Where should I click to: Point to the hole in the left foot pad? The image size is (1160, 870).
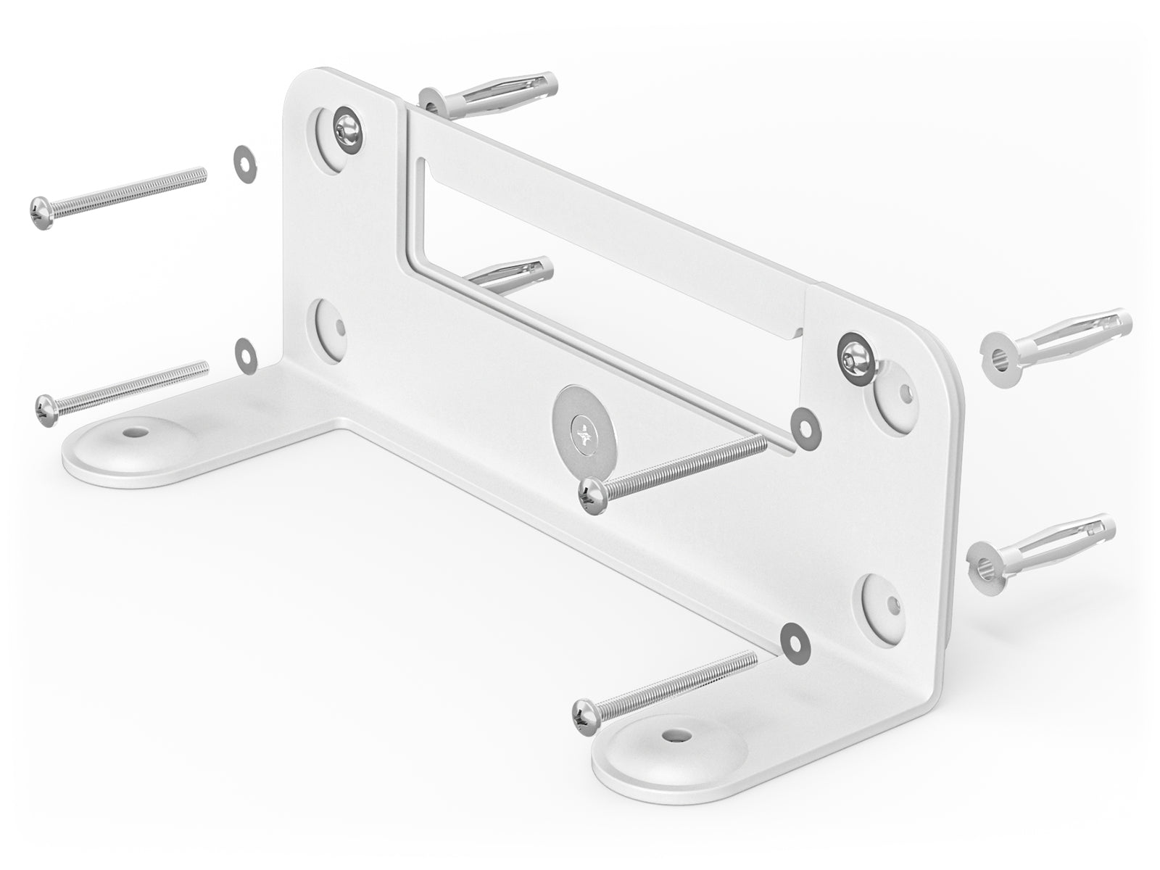[x=133, y=431]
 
